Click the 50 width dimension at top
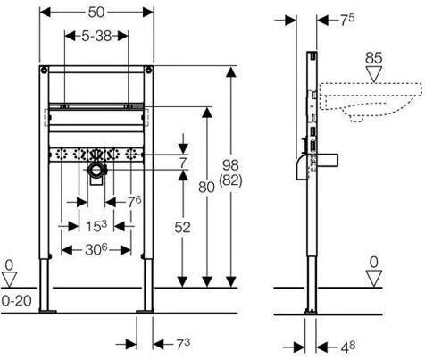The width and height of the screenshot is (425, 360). click(96, 13)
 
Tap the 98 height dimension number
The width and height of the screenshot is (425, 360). click(230, 165)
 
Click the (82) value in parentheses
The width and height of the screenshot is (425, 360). click(230, 180)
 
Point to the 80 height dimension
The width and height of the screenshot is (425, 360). click(206, 188)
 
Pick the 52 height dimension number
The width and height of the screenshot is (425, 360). click(182, 228)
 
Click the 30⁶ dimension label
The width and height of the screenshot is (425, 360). click(96, 249)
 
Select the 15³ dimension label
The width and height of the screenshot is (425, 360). click(96, 226)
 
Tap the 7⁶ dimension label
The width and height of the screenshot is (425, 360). click(135, 202)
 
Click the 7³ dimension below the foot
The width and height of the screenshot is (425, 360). click(183, 345)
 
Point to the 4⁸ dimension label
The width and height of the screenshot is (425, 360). click(348, 347)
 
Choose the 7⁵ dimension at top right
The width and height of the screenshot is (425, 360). click(347, 20)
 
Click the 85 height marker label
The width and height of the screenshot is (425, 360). click(374, 58)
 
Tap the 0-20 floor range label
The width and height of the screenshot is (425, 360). click(17, 301)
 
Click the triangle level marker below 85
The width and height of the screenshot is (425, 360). click(374, 74)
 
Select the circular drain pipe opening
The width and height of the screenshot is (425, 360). click(96, 170)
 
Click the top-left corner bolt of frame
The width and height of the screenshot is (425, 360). click(44, 71)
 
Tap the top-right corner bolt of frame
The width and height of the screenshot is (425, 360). click(149, 71)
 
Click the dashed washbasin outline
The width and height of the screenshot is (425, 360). click(371, 102)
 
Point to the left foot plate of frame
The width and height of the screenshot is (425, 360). click(47, 312)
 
